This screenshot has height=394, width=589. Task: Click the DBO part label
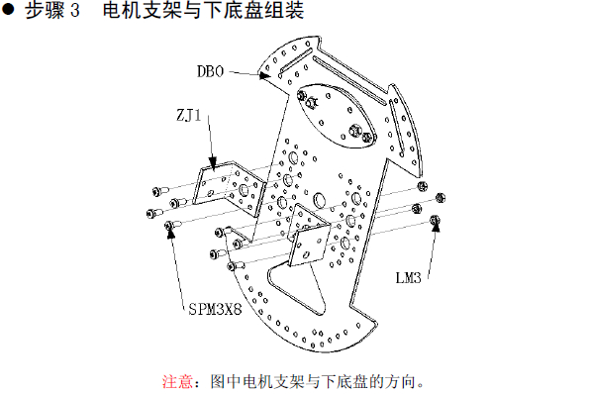pyautogui.click(x=210, y=71)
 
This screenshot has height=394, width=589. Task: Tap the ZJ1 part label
pyautogui.click(x=189, y=115)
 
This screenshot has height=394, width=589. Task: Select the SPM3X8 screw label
pyautogui.click(x=215, y=309)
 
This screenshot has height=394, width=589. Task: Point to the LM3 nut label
pyautogui.click(x=408, y=278)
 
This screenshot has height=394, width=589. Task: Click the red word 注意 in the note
pyautogui.click(x=178, y=381)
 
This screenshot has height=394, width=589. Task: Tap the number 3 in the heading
pyautogui.click(x=75, y=10)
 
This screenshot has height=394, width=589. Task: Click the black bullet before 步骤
pyautogui.click(x=8, y=10)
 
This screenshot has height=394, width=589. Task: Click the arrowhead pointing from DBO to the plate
pyautogui.click(x=264, y=75)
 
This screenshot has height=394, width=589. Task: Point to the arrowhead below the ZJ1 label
pyautogui.click(x=213, y=164)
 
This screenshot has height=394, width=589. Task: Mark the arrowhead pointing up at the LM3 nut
pyautogui.click(x=436, y=227)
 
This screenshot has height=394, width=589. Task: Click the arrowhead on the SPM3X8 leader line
pyautogui.click(x=171, y=233)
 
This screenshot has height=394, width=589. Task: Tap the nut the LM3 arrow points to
pyautogui.click(x=435, y=220)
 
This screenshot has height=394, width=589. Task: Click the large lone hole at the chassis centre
pyautogui.click(x=320, y=200)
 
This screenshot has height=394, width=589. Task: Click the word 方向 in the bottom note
pyautogui.click(x=400, y=381)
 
